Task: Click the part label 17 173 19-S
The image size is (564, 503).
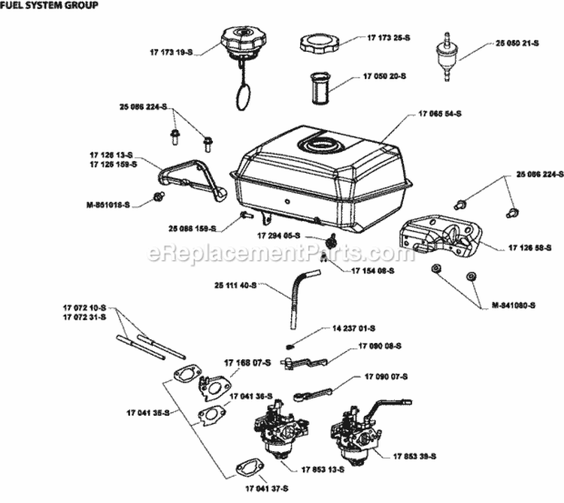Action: tap(170, 53)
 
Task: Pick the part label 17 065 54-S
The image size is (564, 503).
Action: tap(439, 113)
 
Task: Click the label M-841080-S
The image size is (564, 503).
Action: tap(513, 305)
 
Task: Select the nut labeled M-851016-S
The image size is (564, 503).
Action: tap(159, 195)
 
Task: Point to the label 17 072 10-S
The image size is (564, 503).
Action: tap(83, 308)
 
